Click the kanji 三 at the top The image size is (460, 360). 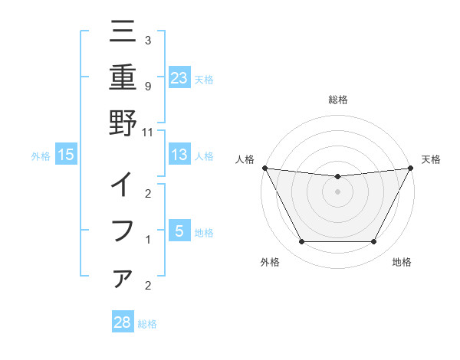pyautogui.click(x=123, y=34)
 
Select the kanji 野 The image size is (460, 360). pyautogui.click(x=123, y=123)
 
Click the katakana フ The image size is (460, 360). pyautogui.click(x=123, y=230)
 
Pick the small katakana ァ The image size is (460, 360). pyautogui.click(x=123, y=277)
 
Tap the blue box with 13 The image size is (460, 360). pyautogui.click(x=179, y=155)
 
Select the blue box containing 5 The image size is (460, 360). pyautogui.click(x=179, y=231)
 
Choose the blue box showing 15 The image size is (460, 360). pyautogui.click(x=66, y=155)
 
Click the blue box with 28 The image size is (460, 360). pyautogui.click(x=123, y=322)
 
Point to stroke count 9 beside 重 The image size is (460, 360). pyautogui.click(x=147, y=85)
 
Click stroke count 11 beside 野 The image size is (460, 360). pyautogui.click(x=147, y=132)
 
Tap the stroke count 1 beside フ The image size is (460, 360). pyautogui.click(x=147, y=240)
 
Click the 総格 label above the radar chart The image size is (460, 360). pyautogui.click(x=337, y=100)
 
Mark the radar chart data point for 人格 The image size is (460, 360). pyautogui.click(x=264, y=167)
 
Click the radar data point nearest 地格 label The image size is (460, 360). pyautogui.click(x=374, y=242)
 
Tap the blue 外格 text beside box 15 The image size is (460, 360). pyautogui.click(x=41, y=155)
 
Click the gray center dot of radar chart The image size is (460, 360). pyautogui.click(x=337, y=191)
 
